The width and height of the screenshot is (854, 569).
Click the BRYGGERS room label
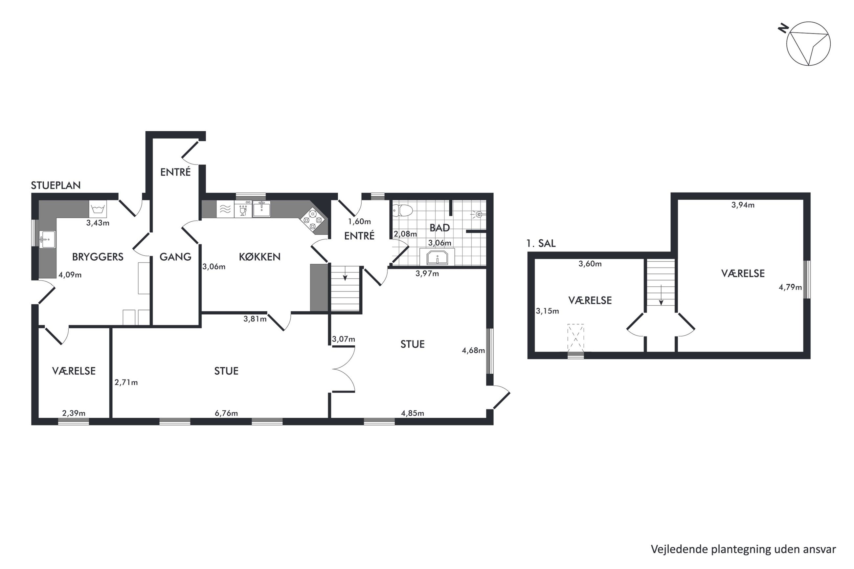click(x=98, y=257)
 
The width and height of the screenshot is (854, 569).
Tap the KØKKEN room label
click(x=259, y=257)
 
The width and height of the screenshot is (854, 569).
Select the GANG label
click(x=175, y=257)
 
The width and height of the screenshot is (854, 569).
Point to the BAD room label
click(x=439, y=228)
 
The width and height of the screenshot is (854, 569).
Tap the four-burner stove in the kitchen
click(x=312, y=220)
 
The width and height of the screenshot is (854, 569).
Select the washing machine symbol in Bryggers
click(x=98, y=209)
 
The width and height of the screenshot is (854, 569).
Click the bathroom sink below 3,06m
click(x=437, y=257)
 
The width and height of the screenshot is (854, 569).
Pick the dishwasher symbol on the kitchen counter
click(x=243, y=209)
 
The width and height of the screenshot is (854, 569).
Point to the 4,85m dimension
click(x=412, y=413)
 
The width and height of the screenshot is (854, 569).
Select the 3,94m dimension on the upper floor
click(x=743, y=205)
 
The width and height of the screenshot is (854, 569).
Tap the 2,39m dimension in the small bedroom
click(x=74, y=413)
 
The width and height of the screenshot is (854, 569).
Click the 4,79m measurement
click(x=790, y=287)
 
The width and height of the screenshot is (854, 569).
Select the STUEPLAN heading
click(x=56, y=186)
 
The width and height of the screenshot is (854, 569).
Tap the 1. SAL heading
click(x=541, y=244)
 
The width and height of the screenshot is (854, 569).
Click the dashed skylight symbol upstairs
click(x=575, y=338)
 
